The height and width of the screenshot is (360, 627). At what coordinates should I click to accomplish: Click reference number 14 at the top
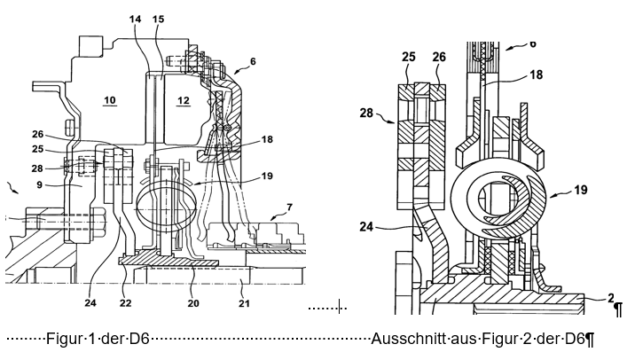coord(136,19)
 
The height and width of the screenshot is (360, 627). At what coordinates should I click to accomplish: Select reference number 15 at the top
coord(159,19)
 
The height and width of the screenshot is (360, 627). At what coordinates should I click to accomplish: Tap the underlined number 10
coord(110,100)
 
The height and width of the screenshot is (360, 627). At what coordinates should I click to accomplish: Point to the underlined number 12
coord(184,100)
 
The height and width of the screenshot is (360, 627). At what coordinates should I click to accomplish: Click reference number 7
coord(289,207)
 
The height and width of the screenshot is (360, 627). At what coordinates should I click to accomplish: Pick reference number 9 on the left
coord(39,184)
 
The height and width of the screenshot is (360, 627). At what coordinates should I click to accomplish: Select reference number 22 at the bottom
coord(126,303)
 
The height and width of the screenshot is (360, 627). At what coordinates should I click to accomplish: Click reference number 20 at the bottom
coord(193,303)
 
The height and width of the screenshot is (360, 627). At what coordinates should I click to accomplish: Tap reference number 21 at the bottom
coord(244,303)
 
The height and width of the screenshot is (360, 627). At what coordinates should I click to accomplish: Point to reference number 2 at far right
coord(611,298)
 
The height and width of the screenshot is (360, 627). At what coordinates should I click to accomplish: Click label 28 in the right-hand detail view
coord(366,113)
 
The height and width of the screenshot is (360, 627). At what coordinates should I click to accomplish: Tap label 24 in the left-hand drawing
coord(90,302)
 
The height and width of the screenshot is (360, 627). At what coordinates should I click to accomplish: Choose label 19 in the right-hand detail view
coord(581,190)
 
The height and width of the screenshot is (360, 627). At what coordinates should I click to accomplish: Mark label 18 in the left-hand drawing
coord(267,139)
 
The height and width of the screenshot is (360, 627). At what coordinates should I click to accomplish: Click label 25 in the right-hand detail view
coord(408,57)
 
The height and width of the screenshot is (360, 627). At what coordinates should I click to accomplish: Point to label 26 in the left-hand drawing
coord(37,135)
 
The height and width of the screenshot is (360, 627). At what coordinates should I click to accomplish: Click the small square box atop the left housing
coord(91,46)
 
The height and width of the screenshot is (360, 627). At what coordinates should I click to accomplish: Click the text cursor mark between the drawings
coord(339,306)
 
